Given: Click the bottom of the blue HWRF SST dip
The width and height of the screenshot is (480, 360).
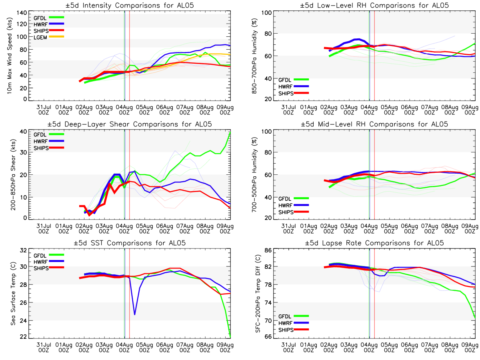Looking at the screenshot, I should click(134, 314).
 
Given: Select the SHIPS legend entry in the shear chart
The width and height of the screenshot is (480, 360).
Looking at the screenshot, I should click(42, 148).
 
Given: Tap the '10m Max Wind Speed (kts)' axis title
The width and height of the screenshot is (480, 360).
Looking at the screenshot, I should click(9, 56).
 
